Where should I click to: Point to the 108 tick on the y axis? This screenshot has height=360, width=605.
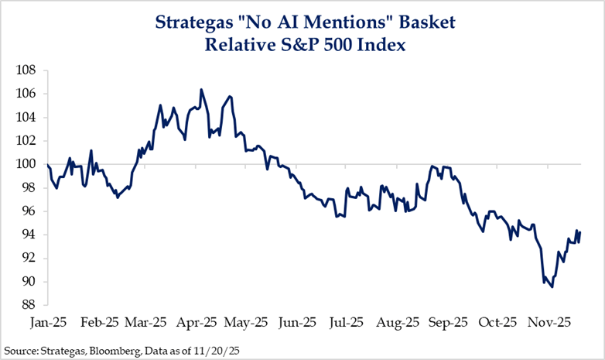point(28,70)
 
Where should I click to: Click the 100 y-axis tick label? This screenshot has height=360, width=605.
point(28,164)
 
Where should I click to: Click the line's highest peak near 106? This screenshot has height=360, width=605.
point(201,90)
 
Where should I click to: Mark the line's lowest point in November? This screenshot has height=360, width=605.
point(552,287)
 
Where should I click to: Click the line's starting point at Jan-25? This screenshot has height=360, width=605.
point(48,165)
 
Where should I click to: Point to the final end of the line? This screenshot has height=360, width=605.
point(580,231)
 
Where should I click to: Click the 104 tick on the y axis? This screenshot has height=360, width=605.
point(28,118)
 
